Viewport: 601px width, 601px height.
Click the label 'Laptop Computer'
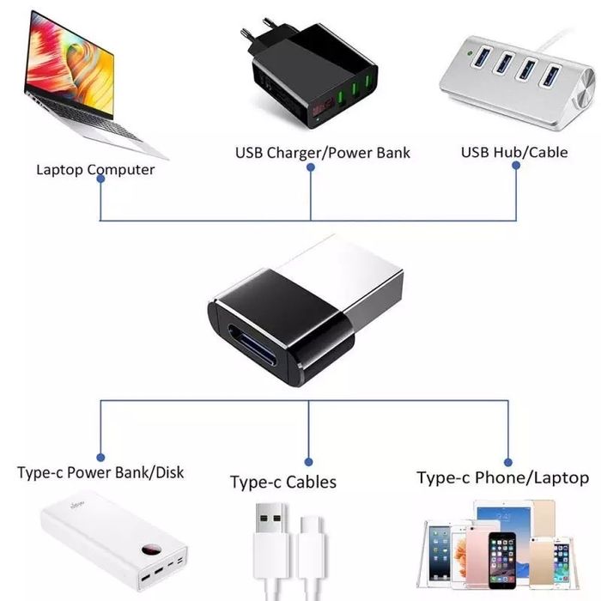click(x=95, y=169)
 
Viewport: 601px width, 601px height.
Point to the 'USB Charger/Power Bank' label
click(x=323, y=153)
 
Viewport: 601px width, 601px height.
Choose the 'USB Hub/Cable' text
click(x=514, y=152)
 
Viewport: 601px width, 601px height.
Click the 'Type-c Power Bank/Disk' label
click(x=100, y=472)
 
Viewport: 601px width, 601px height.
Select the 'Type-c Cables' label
click(x=283, y=482)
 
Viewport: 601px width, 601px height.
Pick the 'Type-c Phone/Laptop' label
click(x=502, y=477)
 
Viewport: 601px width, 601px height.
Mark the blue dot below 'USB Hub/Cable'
click(x=516, y=167)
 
